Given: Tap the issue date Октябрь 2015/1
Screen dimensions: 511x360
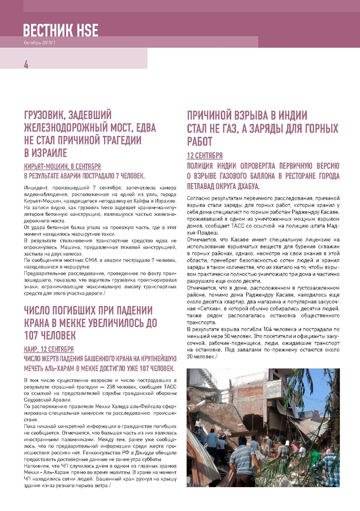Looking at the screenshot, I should click(40, 42).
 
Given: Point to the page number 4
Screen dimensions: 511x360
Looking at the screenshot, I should click(26, 65).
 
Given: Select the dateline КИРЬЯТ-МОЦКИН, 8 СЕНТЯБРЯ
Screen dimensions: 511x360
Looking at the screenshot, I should click(62, 166).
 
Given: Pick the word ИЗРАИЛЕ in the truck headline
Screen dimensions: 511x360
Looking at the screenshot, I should click(45, 152).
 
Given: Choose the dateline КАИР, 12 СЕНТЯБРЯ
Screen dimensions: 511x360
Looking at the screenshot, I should click(49, 349).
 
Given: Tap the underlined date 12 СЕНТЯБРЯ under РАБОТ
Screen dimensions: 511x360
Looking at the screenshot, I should click(205, 156).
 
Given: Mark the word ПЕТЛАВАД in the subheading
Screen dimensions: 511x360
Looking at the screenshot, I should click(206, 186).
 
